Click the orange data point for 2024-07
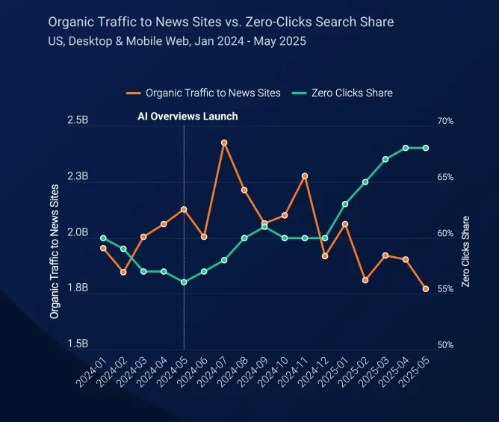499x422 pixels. [224, 143]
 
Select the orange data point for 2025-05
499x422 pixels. [426, 289]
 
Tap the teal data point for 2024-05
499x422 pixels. [184, 282]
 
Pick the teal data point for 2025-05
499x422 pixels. [426, 148]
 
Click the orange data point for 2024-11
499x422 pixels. [305, 176]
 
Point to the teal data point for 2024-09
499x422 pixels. [264, 227]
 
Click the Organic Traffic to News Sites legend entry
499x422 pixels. [204, 93]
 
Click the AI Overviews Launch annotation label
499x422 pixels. [187, 117]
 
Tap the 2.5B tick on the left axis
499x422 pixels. [78, 120]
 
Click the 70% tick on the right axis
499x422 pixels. [445, 121]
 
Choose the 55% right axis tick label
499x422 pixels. [445, 289]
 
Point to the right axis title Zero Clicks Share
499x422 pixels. [466, 252]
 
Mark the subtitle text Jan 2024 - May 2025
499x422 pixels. [250, 40]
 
